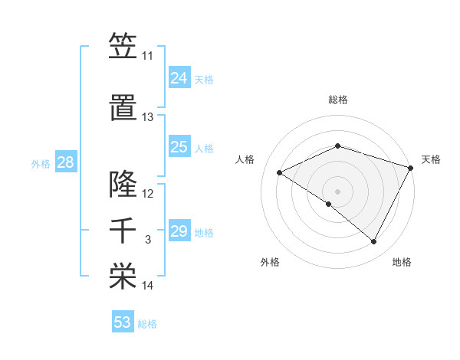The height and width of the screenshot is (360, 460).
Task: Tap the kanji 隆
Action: coord(123,183)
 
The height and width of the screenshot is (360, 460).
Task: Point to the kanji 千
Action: coord(123,231)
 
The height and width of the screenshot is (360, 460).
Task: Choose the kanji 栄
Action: coord(123,277)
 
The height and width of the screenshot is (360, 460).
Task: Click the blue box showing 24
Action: coord(179,78)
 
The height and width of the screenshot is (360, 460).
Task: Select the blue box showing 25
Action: coord(179,147)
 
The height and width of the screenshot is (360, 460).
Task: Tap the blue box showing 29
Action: coord(179,231)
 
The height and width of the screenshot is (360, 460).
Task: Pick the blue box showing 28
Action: coord(65,162)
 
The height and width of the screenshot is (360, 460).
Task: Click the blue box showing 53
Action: coord(123,322)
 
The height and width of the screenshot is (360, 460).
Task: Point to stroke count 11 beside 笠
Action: coord(147,56)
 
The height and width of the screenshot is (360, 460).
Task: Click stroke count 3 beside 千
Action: coord(147,240)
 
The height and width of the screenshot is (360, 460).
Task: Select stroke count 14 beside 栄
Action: coord(147,286)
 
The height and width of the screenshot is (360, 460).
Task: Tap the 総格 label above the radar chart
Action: coord(337,100)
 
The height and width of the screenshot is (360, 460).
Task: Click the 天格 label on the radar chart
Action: coord(431,159)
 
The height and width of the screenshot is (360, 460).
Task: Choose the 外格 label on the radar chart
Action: coord(270,262)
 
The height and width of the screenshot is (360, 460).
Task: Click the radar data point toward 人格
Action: coord(280,173)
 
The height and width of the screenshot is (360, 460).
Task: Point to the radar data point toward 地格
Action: coord(374,242)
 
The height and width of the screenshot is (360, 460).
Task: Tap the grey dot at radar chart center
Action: coord(337,191)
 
